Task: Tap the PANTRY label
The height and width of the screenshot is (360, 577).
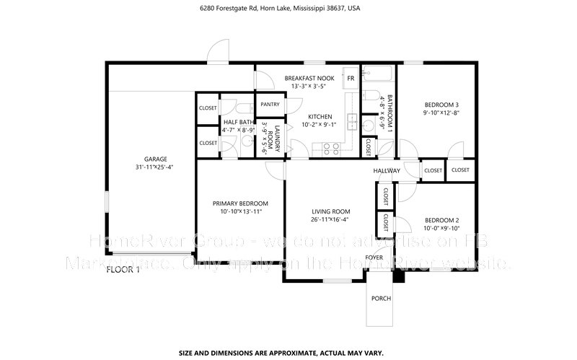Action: (x=270, y=104)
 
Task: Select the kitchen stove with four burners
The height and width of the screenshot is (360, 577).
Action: (x=330, y=149)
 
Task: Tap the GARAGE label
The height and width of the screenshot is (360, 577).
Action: (x=155, y=159)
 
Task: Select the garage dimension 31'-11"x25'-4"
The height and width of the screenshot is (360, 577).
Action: (x=155, y=167)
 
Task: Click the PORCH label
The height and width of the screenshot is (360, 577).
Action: (x=381, y=298)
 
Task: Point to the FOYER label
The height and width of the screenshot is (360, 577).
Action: (x=374, y=257)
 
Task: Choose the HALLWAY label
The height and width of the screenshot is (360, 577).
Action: (x=387, y=171)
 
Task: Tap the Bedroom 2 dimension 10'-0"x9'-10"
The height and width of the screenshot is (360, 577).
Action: (x=441, y=228)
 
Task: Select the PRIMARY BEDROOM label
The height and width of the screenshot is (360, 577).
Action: (x=240, y=203)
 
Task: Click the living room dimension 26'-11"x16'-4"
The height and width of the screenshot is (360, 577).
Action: (x=330, y=219)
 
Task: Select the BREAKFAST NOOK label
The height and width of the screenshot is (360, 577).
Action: (x=309, y=78)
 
